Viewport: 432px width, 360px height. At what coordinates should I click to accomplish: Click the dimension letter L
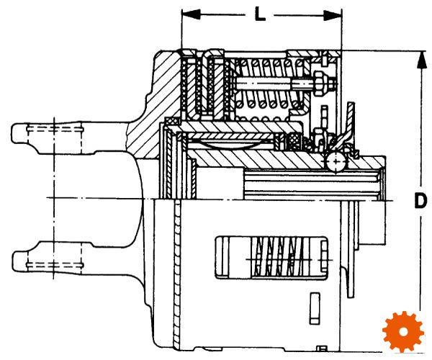pyautogui.click(x=259, y=14)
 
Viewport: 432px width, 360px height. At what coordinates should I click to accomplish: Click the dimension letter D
pyautogui.click(x=420, y=201)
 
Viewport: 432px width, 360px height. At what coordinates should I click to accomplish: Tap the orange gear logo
pyautogui.click(x=402, y=332)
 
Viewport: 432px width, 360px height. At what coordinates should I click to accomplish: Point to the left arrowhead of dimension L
pyautogui.click(x=191, y=15)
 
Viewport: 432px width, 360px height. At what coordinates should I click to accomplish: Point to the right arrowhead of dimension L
pyautogui.click(x=333, y=15)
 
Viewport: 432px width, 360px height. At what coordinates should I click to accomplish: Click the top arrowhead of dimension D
pyautogui.click(x=420, y=60)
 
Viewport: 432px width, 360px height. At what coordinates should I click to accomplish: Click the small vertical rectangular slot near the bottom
pyautogui.click(x=315, y=308)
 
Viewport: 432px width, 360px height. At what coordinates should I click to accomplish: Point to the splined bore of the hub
pyautogui.click(x=312, y=182)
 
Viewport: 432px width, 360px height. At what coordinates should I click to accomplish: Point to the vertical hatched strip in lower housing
pyautogui.click(x=177, y=273)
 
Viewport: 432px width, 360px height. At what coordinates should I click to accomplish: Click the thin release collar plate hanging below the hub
pyautogui.click(x=351, y=248)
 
